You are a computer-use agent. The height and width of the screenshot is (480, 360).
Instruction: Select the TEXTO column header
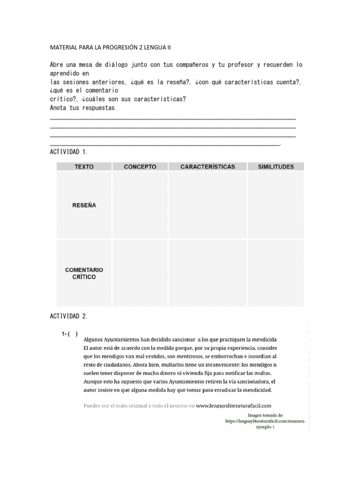pos(84,166)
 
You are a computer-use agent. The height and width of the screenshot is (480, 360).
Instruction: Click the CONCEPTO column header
pos(140,166)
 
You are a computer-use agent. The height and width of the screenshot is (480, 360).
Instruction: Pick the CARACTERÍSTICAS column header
pos(208,166)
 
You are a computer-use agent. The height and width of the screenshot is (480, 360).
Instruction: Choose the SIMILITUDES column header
pos(276,166)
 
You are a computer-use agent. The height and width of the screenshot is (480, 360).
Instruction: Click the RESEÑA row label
pos(84,205)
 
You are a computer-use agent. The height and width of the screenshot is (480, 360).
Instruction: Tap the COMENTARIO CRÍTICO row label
pos(84,273)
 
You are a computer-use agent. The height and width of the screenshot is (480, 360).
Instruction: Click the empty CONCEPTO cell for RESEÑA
pos(140,205)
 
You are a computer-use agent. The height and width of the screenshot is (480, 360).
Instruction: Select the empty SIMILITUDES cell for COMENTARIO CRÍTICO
pos(276,273)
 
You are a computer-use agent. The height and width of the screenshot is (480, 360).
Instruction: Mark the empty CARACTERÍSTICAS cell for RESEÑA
pos(208,205)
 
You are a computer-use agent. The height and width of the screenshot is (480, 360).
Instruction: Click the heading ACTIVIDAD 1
pos(68,152)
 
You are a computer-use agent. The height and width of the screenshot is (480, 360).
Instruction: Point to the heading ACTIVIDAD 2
pos(68,316)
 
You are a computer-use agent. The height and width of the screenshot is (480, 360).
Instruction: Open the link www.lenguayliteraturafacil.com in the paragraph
pos(234,406)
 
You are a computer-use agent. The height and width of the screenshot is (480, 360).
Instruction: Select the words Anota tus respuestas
pos(83,108)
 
